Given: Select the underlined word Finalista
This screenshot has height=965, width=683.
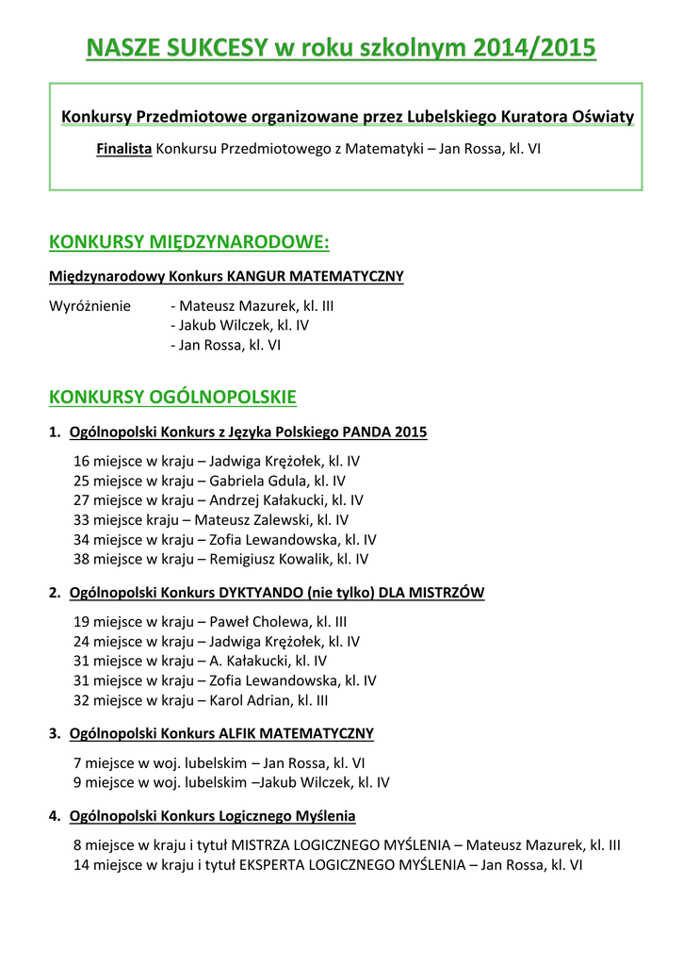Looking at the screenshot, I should (x=124, y=149).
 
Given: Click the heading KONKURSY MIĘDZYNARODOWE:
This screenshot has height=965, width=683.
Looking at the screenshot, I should (x=188, y=243).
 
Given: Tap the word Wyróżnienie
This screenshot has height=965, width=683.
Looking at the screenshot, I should (x=90, y=306).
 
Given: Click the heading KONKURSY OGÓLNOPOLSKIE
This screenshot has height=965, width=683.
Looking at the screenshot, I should (x=172, y=397).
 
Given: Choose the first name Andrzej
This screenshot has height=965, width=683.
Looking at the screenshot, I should (x=236, y=500).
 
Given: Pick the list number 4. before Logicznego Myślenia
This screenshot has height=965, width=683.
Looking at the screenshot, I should (x=55, y=816).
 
